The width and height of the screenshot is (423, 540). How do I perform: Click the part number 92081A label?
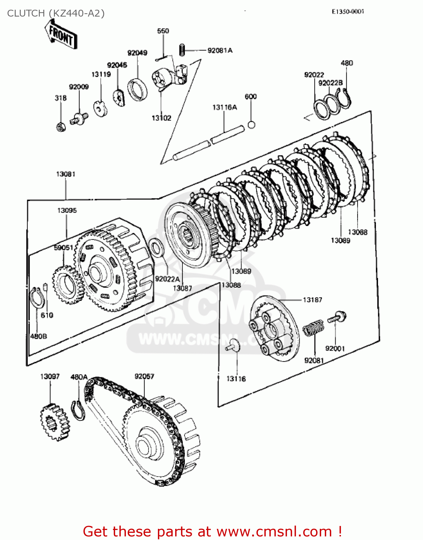click(x=220, y=50)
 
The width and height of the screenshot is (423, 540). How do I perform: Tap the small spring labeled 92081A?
click(x=182, y=49)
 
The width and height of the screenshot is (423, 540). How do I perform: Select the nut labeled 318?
click(x=61, y=127)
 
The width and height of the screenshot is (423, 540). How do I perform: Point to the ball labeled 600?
click(x=251, y=125)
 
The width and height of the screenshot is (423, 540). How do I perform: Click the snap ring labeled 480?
click(x=345, y=97)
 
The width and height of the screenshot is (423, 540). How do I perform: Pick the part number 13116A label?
click(x=224, y=107)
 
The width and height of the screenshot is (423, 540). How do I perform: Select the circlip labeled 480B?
click(x=36, y=297)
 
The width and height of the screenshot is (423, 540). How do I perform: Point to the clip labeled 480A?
click(x=79, y=410)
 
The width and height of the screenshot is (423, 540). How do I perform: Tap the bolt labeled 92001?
click(x=337, y=317)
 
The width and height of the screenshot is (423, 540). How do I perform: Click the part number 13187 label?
click(x=312, y=300)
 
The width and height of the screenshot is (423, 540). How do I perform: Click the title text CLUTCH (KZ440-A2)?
click(x=56, y=13)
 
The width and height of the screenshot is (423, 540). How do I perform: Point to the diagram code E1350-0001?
click(x=347, y=12)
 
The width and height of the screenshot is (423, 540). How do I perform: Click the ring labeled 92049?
click(x=137, y=89)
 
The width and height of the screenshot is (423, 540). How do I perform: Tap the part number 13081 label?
click(x=65, y=174)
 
